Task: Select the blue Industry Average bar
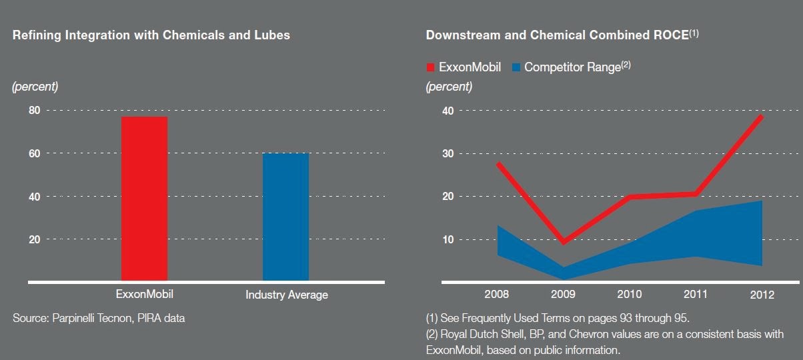285,217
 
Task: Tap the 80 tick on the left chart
34,110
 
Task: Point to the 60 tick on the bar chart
34,153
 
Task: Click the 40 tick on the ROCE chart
448,111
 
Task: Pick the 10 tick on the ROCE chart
448,239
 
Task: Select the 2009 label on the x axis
564,294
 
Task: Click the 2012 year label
762,294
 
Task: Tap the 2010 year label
630,294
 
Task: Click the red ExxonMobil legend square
430,67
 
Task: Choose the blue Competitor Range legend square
516,67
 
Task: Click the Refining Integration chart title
151,35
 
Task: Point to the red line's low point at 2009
564,241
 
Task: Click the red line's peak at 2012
760,116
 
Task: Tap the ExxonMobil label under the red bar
145,293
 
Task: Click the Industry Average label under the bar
287,295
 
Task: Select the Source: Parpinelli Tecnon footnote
99,319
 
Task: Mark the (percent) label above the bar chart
35,87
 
